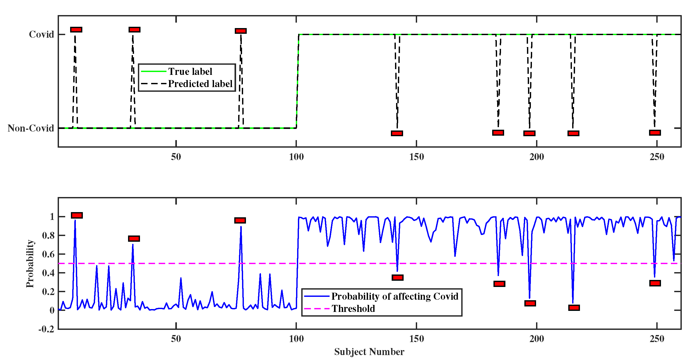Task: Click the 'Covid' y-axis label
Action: pyautogui.click(x=41, y=34)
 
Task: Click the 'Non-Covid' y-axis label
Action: pyautogui.click(x=31, y=128)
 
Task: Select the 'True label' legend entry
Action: pyautogui.click(x=190, y=71)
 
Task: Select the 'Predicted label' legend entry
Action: pyautogui.click(x=200, y=84)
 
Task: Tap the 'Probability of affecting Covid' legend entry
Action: pyautogui.click(x=395, y=296)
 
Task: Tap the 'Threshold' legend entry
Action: pyautogui.click(x=353, y=309)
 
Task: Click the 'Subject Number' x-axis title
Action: pyautogui.click(x=369, y=351)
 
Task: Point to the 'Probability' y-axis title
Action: pyautogui.click(x=30, y=264)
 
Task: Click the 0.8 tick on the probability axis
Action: pyautogui.click(x=48, y=235)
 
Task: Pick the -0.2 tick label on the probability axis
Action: pyautogui.click(x=46, y=329)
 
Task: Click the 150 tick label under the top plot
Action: pyautogui.click(x=416, y=157)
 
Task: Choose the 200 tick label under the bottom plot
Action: pyautogui.click(x=537, y=339)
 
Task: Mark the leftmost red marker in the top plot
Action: pyautogui.click(x=76, y=30)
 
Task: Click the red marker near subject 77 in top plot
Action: pyautogui.click(x=241, y=31)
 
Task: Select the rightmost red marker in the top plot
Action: pyautogui.click(x=655, y=133)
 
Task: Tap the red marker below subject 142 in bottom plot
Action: pyautogui.click(x=397, y=277)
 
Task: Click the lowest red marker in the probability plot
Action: pyautogui.click(x=574, y=307)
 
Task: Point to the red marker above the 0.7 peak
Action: pyautogui.click(x=134, y=238)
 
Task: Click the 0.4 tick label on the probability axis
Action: pyautogui.click(x=48, y=273)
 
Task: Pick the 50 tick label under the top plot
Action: pyautogui.click(x=176, y=157)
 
